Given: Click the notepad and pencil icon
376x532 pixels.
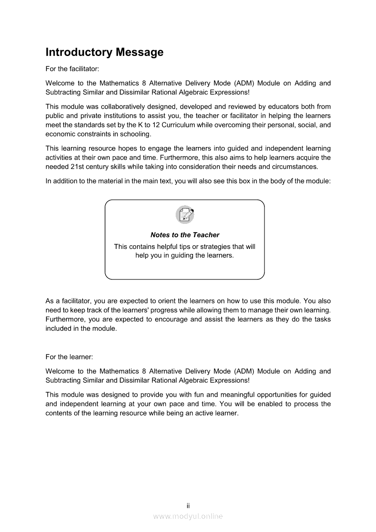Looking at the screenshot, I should click(x=185, y=215).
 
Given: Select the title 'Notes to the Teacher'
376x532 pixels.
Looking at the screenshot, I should click(x=185, y=235).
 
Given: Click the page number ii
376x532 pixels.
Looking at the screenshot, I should click(x=188, y=506).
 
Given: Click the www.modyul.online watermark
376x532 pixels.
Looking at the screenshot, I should click(x=188, y=516).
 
